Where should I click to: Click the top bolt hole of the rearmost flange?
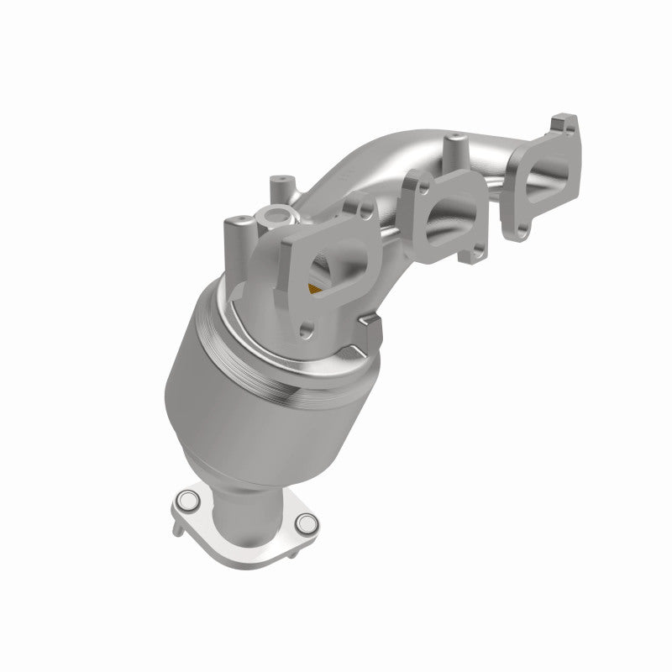click(x=561, y=128)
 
